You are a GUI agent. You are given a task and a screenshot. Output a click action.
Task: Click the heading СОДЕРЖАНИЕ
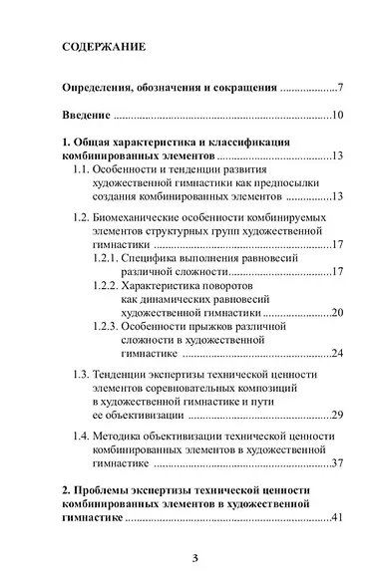click(104, 46)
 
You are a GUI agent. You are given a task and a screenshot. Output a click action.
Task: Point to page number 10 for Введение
click(337, 117)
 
